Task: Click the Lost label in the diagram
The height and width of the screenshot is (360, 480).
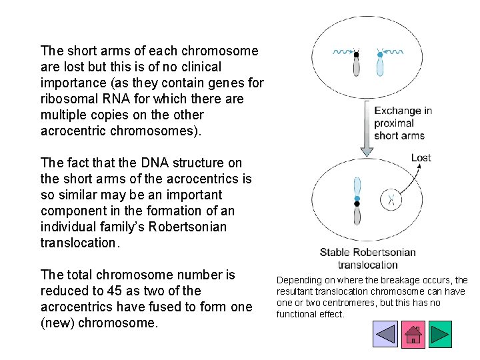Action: point(421,158)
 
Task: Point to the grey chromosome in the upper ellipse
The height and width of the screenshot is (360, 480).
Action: point(357,63)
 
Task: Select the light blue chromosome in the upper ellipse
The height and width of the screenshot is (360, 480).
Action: point(380,63)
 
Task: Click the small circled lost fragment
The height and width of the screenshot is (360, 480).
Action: point(391,199)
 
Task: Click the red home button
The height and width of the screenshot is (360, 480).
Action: point(413,333)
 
